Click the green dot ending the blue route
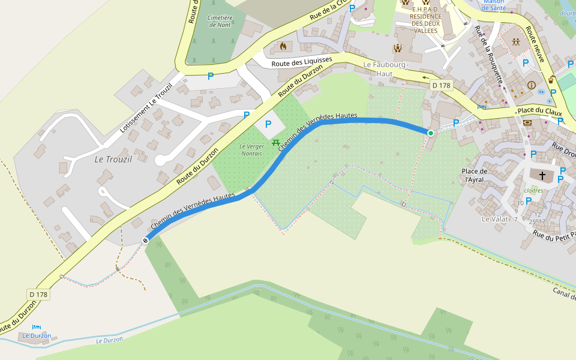(x=431, y=133)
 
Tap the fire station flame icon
(x=283, y=46)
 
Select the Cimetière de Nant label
(x=219, y=22)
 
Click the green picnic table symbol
(x=276, y=142)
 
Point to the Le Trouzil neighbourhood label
(x=113, y=159)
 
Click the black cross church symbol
(x=542, y=175)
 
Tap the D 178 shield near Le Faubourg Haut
(x=441, y=85)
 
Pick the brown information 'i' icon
(x=531, y=85)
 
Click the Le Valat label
(x=495, y=219)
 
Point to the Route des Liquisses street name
(x=301, y=61)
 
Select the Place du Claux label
(x=539, y=111)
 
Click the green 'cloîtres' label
(x=533, y=190)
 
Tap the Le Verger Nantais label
(x=251, y=150)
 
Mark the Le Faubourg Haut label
(x=385, y=68)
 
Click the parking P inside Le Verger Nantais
(x=268, y=124)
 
